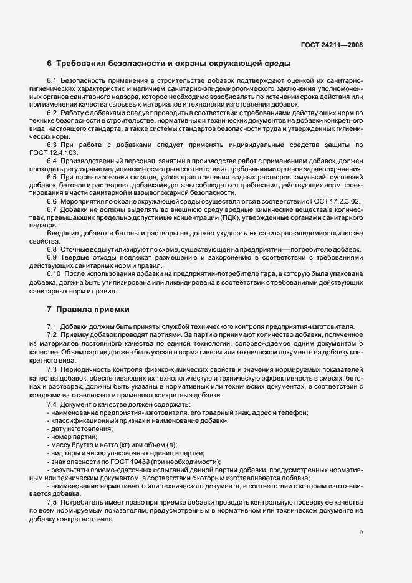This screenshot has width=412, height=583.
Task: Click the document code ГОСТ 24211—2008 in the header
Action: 331,45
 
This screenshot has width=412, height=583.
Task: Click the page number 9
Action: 361,533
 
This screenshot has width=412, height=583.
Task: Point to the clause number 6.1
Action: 52,81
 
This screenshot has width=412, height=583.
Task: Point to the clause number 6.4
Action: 52,161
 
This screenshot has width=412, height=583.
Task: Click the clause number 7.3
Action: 52,370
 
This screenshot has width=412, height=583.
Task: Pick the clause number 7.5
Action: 52,502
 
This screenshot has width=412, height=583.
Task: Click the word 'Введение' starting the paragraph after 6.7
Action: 62,233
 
